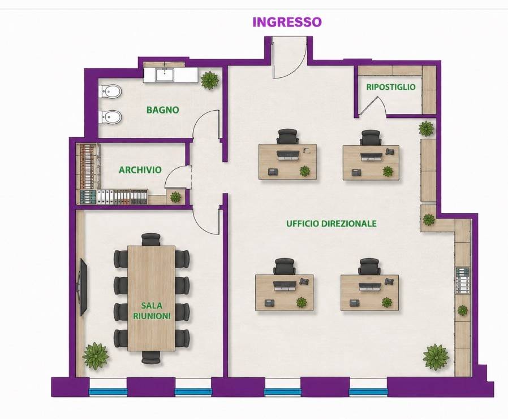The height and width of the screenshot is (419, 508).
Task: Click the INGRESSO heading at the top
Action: (287, 22)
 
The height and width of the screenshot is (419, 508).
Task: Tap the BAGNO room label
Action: (162, 110)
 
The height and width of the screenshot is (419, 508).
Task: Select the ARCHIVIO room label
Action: (140, 170)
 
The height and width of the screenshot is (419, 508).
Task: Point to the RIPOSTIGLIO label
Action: (391, 86)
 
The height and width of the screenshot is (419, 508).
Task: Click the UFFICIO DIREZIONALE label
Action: (332, 224)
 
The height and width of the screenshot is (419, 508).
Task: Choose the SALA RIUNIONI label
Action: (152, 311)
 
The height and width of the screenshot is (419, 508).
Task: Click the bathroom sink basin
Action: (165, 75)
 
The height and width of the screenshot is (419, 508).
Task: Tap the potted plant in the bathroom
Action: (210, 80)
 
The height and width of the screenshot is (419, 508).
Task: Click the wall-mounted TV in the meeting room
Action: (82, 287)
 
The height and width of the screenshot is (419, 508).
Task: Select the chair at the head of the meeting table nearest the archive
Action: (151, 239)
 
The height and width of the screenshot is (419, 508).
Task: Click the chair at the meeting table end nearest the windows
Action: (151, 357)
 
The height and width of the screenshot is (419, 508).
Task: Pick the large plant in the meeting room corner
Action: (96, 356)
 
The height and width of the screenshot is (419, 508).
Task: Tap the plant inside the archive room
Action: (175, 197)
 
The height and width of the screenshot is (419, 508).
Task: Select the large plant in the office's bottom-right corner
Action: (436, 357)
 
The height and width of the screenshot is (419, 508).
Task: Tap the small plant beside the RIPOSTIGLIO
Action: (427, 128)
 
